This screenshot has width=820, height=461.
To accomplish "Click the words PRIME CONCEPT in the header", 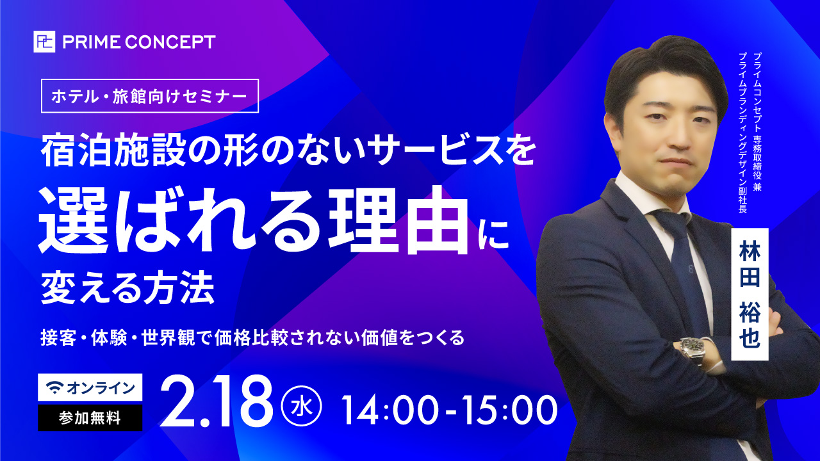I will point(138,42).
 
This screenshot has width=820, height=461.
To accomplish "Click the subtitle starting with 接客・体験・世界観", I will point(252,337).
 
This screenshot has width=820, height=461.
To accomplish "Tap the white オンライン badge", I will point(90,387).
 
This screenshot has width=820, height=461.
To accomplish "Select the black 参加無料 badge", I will point(90,417).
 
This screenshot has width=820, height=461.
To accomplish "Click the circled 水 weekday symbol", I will point(302,405).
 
